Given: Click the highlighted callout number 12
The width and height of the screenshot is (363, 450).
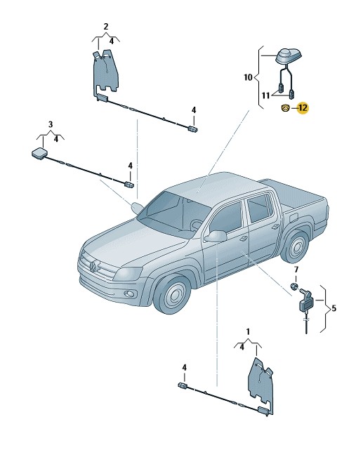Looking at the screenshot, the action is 303,108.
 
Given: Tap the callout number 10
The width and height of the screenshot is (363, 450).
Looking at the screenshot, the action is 248,77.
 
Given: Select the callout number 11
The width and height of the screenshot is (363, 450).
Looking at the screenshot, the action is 265,95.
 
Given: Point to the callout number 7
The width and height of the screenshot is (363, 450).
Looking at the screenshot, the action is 296,270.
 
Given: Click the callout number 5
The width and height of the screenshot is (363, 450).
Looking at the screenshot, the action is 334,308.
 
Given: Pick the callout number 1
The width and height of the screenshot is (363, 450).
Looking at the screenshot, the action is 248,332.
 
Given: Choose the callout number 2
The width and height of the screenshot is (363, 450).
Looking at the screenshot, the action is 106,27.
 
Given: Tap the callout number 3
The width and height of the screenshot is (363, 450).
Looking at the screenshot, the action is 51,124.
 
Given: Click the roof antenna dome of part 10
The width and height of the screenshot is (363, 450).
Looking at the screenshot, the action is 287,56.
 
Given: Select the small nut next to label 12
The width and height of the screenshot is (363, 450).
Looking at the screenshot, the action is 285,108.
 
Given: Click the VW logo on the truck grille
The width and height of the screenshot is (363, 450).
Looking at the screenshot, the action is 93,267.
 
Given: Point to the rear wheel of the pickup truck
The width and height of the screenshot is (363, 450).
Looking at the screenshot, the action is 296,246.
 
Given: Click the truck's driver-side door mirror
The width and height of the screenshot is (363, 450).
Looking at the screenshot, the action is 216,236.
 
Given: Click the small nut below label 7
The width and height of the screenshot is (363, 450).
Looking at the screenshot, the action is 294,286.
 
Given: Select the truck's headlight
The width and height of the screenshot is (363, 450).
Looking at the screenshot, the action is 128,274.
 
